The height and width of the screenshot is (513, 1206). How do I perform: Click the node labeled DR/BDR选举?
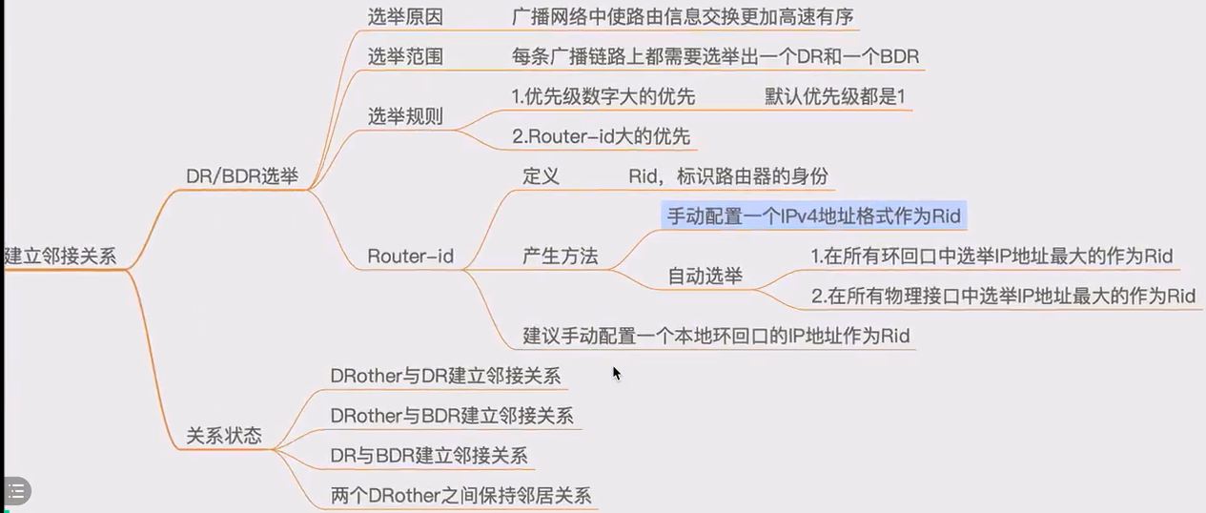tap(242, 176)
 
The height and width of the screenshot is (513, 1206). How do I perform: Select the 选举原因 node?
tap(405, 17)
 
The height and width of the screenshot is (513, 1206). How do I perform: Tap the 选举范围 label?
tap(405, 57)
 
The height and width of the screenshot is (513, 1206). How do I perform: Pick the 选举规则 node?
tap(405, 116)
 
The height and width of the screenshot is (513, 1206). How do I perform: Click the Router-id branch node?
tap(410, 256)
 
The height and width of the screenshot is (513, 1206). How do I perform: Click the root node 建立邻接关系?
tap(61, 256)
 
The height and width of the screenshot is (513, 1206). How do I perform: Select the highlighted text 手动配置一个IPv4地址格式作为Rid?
tap(813, 215)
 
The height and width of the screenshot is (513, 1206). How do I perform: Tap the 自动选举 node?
tap(705, 277)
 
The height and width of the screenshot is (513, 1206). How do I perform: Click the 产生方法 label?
tap(561, 256)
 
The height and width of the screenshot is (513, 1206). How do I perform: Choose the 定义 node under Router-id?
tap(541, 176)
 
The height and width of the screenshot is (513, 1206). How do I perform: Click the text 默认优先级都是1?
tap(834, 96)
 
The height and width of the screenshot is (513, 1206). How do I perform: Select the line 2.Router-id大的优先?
tap(601, 136)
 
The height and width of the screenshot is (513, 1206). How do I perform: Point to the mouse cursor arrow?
tap(616, 372)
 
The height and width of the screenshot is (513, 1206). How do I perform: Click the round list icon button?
tap(15, 491)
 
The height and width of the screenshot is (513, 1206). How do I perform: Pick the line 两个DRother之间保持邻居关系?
tap(460, 495)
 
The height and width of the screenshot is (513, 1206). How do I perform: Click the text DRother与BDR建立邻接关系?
tap(451, 415)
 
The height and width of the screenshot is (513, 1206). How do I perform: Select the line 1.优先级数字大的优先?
tap(603, 96)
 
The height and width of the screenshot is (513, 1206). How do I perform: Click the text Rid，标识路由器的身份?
tap(727, 176)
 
